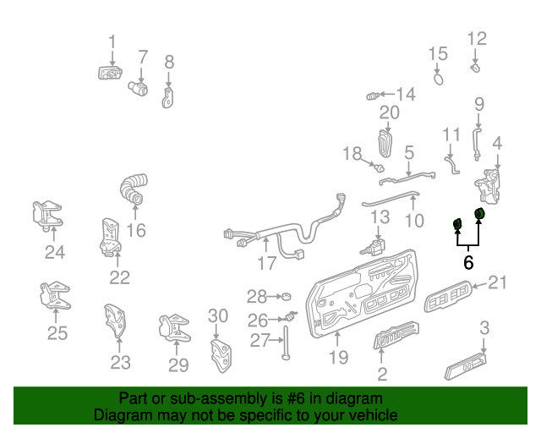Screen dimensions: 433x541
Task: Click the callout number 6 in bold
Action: (468, 262)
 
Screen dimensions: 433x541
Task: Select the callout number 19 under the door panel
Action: (338, 358)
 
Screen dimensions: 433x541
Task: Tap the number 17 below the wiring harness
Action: (267, 264)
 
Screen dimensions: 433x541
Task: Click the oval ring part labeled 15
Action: (439, 79)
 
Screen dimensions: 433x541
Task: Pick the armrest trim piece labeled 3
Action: (465, 369)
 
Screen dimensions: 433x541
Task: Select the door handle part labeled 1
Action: (110, 73)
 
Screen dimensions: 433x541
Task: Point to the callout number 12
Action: (478, 38)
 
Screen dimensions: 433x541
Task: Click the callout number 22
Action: (120, 277)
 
